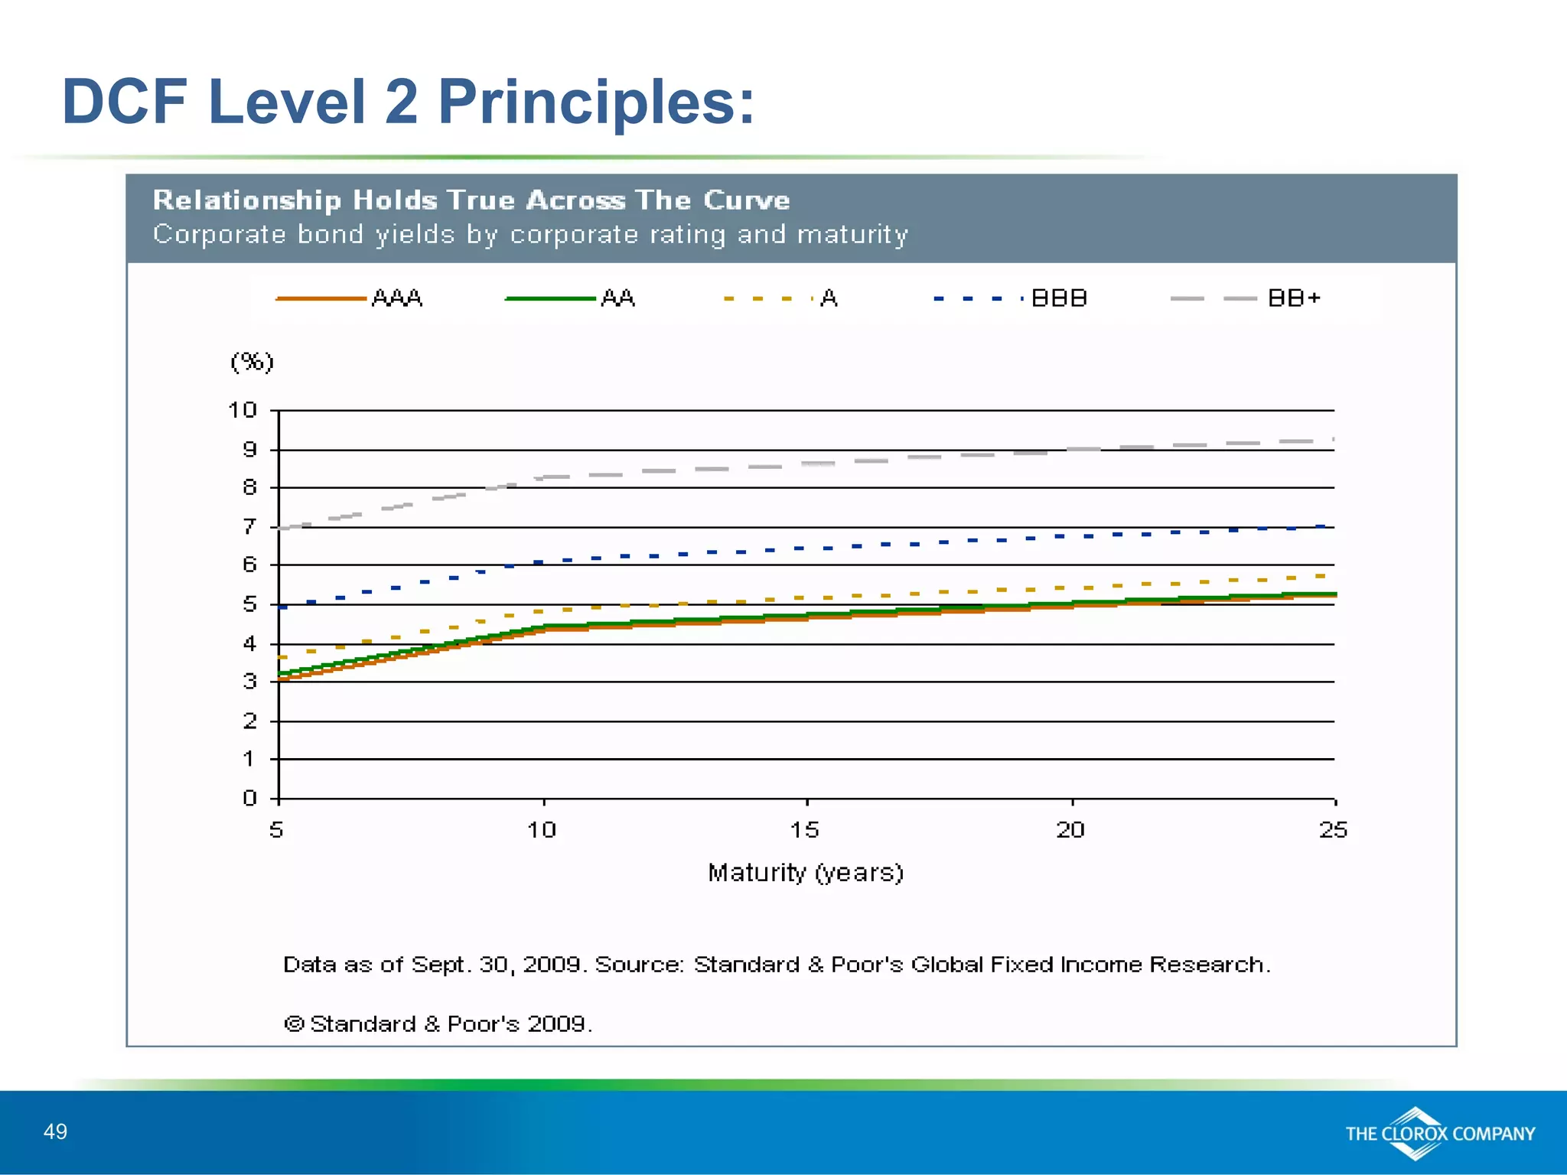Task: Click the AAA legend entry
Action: (x=349, y=298)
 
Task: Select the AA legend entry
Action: (x=570, y=298)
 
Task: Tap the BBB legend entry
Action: (x=1010, y=298)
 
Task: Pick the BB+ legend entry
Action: (x=1246, y=298)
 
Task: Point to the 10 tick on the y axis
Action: (x=243, y=410)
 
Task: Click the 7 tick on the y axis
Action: (x=249, y=526)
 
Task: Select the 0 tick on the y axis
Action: (x=249, y=798)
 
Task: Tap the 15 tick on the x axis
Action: (x=805, y=830)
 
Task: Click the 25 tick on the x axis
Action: (x=1333, y=830)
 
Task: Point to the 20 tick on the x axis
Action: (x=1070, y=830)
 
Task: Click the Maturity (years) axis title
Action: (x=805, y=873)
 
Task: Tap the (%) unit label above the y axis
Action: (x=252, y=361)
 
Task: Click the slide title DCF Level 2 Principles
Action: (x=408, y=101)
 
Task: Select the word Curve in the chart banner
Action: (x=746, y=200)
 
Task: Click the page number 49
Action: (x=56, y=1132)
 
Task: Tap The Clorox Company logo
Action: (x=1439, y=1134)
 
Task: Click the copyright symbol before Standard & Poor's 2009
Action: (x=295, y=1024)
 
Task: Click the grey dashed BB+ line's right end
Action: (x=1332, y=440)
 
